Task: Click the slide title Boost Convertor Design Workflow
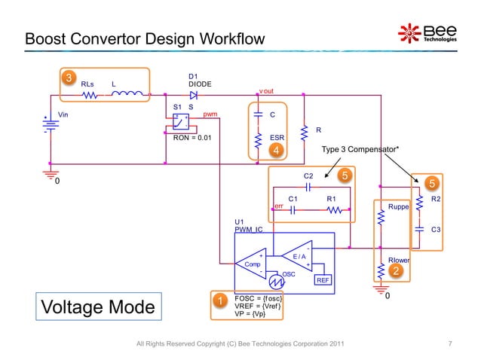[x=144, y=38]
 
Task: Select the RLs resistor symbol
[x=90, y=96]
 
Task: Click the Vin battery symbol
[x=51, y=126]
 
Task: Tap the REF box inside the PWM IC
[x=323, y=279]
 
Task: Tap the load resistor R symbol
[x=304, y=133]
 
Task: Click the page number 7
[x=449, y=344]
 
